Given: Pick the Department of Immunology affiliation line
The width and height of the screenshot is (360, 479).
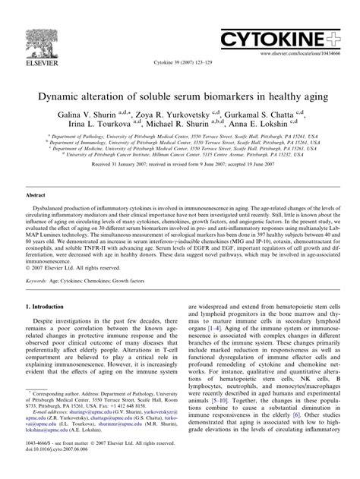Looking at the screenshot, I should (x=179, y=142).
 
